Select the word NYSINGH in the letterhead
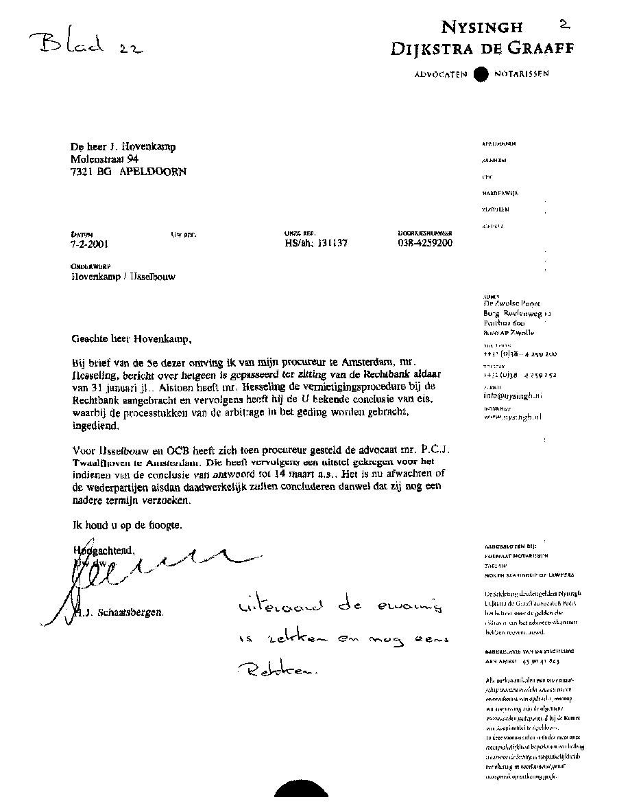pos(482,27)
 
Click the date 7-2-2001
pos(89,243)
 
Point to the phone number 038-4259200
pos(425,242)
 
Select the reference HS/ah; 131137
pos(316,243)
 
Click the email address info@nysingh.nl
pos(513,396)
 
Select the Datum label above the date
pos(81,234)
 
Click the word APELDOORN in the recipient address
pos(152,172)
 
